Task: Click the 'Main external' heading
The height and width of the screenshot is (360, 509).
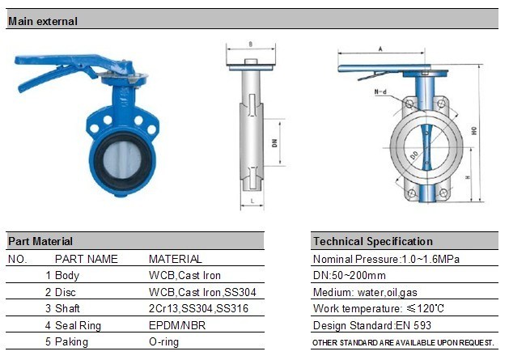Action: point(43,22)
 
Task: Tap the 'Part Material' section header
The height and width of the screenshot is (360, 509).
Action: point(40,241)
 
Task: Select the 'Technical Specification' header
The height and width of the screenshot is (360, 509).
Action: point(372,241)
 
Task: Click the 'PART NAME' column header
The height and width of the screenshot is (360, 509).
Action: point(86,259)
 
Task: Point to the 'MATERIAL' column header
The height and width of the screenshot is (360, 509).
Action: point(176,259)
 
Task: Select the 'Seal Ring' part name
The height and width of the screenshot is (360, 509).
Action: point(79,325)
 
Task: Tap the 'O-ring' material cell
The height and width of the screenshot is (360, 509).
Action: point(165,341)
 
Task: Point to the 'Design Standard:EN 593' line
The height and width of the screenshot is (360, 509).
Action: point(371,325)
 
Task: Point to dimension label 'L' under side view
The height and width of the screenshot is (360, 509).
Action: point(252,199)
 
